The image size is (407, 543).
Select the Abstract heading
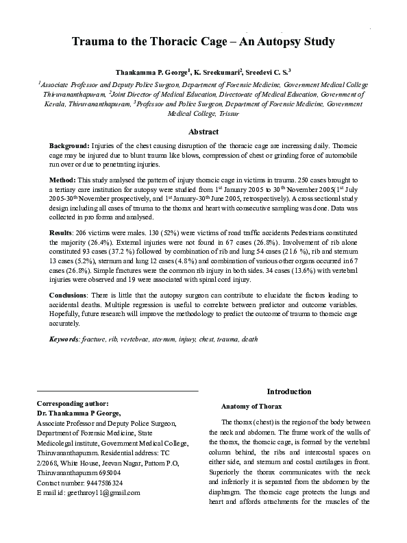click(x=203, y=131)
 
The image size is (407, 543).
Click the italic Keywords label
click(x=64, y=339)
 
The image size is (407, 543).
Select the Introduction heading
click(x=288, y=391)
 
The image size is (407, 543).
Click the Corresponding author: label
click(x=72, y=404)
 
